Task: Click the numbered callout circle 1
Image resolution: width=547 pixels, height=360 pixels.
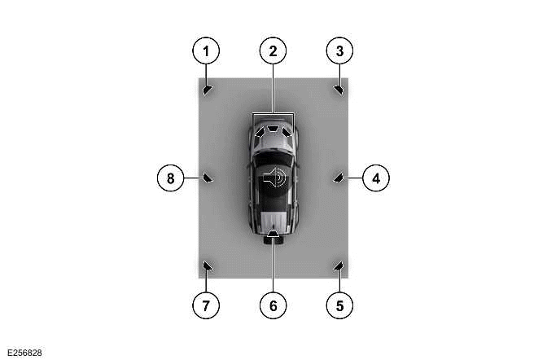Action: pos(206,51)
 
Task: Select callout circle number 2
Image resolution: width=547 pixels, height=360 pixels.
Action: pos(273,51)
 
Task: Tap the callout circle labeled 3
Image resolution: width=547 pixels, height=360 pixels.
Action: pos(339,51)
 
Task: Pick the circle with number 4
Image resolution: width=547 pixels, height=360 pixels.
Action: pos(375,177)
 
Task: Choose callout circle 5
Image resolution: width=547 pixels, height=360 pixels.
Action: pos(339,305)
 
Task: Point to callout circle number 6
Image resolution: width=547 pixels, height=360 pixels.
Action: pos(273,305)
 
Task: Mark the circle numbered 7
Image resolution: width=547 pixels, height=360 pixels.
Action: pos(206,305)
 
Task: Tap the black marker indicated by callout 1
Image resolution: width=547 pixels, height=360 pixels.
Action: pos(208,89)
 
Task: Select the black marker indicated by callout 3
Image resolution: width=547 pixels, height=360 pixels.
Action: pos(339,89)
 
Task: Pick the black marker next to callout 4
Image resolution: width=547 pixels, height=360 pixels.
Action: pos(339,177)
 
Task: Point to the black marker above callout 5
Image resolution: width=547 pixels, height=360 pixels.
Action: pos(339,265)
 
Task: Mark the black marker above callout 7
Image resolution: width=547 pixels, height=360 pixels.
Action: pos(207,265)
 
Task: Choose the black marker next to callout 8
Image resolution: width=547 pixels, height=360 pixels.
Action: pos(208,177)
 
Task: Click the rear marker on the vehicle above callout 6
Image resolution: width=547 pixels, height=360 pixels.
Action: pos(273,237)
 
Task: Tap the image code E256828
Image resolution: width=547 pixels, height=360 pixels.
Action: pos(23,352)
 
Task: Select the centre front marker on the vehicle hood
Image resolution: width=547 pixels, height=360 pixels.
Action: pos(273,128)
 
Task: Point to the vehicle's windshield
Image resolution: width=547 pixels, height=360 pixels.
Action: pos(273,151)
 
